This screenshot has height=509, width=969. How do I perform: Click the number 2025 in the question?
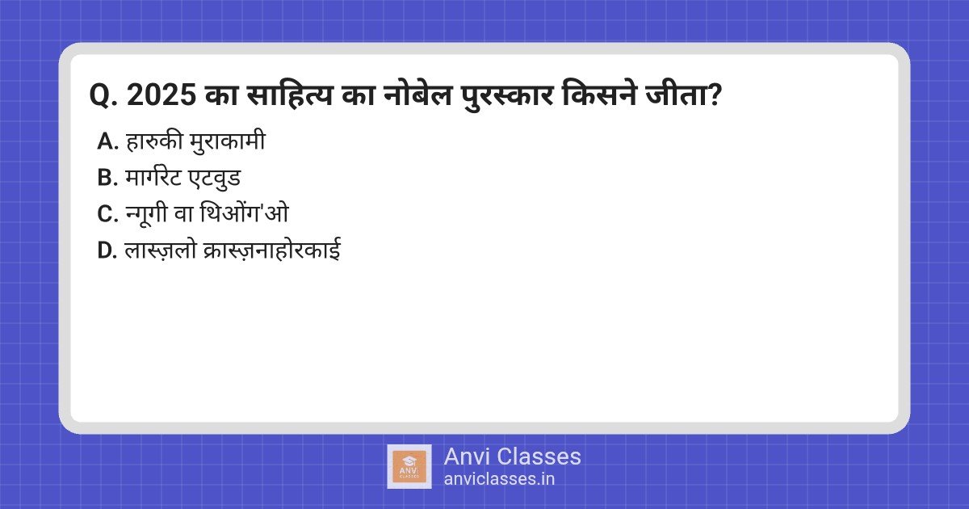click(161, 95)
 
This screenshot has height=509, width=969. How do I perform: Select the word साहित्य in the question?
click(290, 94)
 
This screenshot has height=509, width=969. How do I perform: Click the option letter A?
click(107, 141)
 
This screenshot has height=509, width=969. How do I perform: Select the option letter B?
click(107, 178)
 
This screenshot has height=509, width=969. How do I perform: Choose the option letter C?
click(107, 214)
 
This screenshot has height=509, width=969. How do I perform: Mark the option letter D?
click(107, 250)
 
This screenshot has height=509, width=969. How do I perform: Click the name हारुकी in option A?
click(153, 141)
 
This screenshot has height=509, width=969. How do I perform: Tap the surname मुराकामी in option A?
click(228, 141)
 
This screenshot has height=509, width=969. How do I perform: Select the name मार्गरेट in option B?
click(153, 177)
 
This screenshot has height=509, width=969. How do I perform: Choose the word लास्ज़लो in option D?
click(161, 250)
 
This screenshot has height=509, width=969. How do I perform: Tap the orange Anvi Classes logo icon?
click(409, 467)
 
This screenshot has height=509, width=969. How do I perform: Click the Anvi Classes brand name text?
click(512, 456)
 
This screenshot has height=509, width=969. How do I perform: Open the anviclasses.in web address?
click(499, 479)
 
